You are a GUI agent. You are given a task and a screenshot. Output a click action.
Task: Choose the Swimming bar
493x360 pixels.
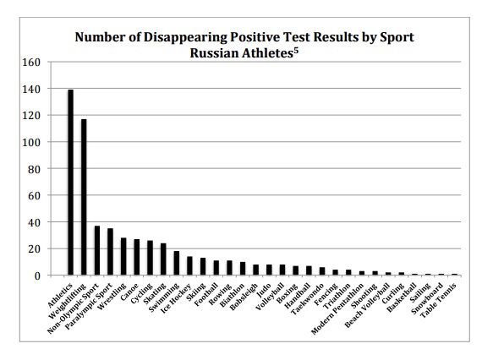point(176,263)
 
